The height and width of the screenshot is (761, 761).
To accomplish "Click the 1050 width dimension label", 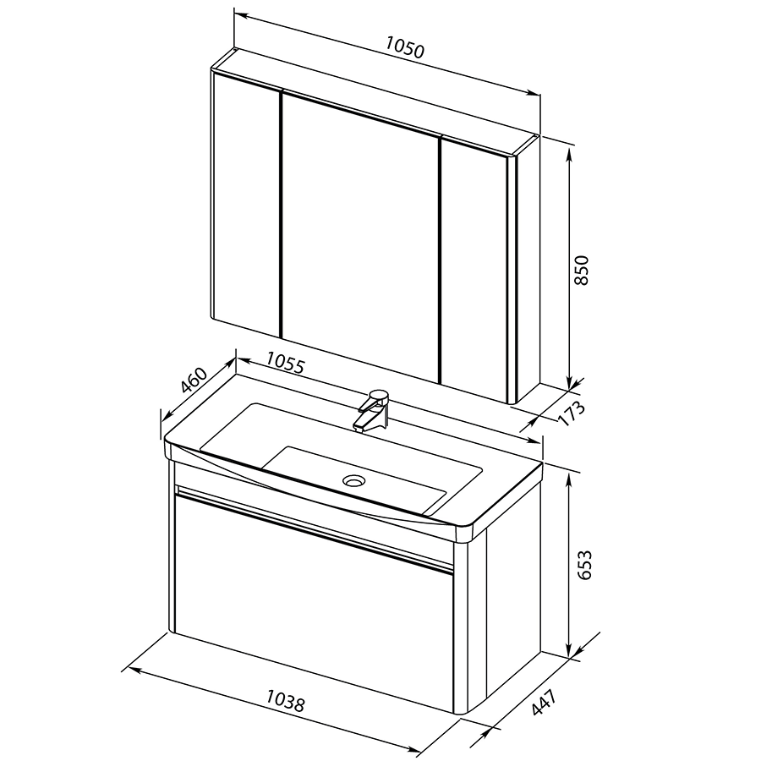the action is tap(405, 47).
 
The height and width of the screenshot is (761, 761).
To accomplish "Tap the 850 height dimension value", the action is tap(581, 271).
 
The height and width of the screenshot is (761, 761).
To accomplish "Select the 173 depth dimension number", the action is tap(572, 413).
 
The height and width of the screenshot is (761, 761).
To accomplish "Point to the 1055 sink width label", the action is tap(286, 364).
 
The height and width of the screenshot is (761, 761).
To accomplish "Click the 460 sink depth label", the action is tap(194, 380).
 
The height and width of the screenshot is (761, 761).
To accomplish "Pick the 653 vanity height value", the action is tap(584, 565).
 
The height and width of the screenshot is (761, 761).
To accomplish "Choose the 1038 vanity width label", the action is tap(286, 700).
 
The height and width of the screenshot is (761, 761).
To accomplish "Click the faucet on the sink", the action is tap(373, 409).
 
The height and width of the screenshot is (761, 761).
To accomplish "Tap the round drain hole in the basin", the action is tap(353, 480).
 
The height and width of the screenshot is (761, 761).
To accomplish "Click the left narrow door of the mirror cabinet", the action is tap(247, 203).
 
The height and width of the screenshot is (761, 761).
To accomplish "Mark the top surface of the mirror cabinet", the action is tap(375, 102).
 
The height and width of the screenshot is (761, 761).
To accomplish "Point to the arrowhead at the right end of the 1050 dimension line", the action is tap(533, 92).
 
